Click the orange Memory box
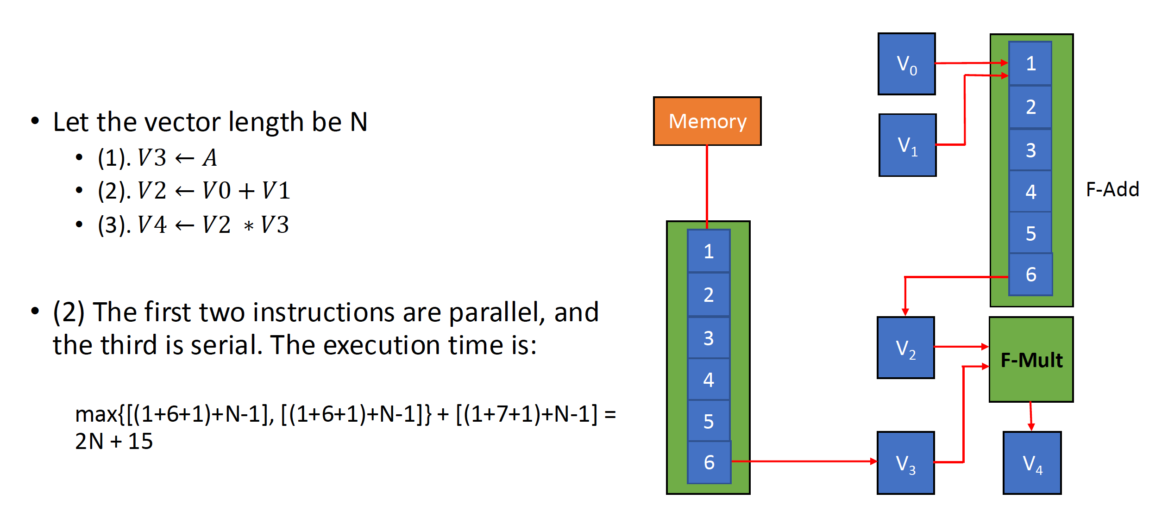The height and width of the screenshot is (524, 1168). (707, 121)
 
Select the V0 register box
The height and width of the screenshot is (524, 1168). (906, 64)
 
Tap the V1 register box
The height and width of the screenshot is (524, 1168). (907, 145)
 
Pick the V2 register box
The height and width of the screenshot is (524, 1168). (905, 348)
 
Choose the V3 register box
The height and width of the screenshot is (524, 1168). (905, 463)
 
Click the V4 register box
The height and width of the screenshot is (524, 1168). (1032, 463)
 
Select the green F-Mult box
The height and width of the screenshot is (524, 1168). (1031, 360)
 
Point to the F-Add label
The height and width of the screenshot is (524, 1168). (1112, 189)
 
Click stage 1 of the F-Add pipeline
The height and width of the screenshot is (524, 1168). (1030, 63)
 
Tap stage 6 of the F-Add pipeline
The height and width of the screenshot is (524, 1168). (1030, 274)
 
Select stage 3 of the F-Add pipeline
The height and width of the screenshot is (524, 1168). (1030, 150)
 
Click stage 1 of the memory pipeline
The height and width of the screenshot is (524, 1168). (709, 251)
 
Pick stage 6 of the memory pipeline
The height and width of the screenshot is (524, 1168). (709, 462)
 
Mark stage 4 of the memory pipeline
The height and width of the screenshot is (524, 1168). (709, 380)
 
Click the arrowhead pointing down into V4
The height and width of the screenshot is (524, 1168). (1031, 426)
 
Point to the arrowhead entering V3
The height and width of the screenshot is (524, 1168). (873, 461)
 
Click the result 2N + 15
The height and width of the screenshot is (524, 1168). (114, 441)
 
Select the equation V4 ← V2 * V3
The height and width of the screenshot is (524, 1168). (213, 225)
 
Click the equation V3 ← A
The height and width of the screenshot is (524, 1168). (177, 157)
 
